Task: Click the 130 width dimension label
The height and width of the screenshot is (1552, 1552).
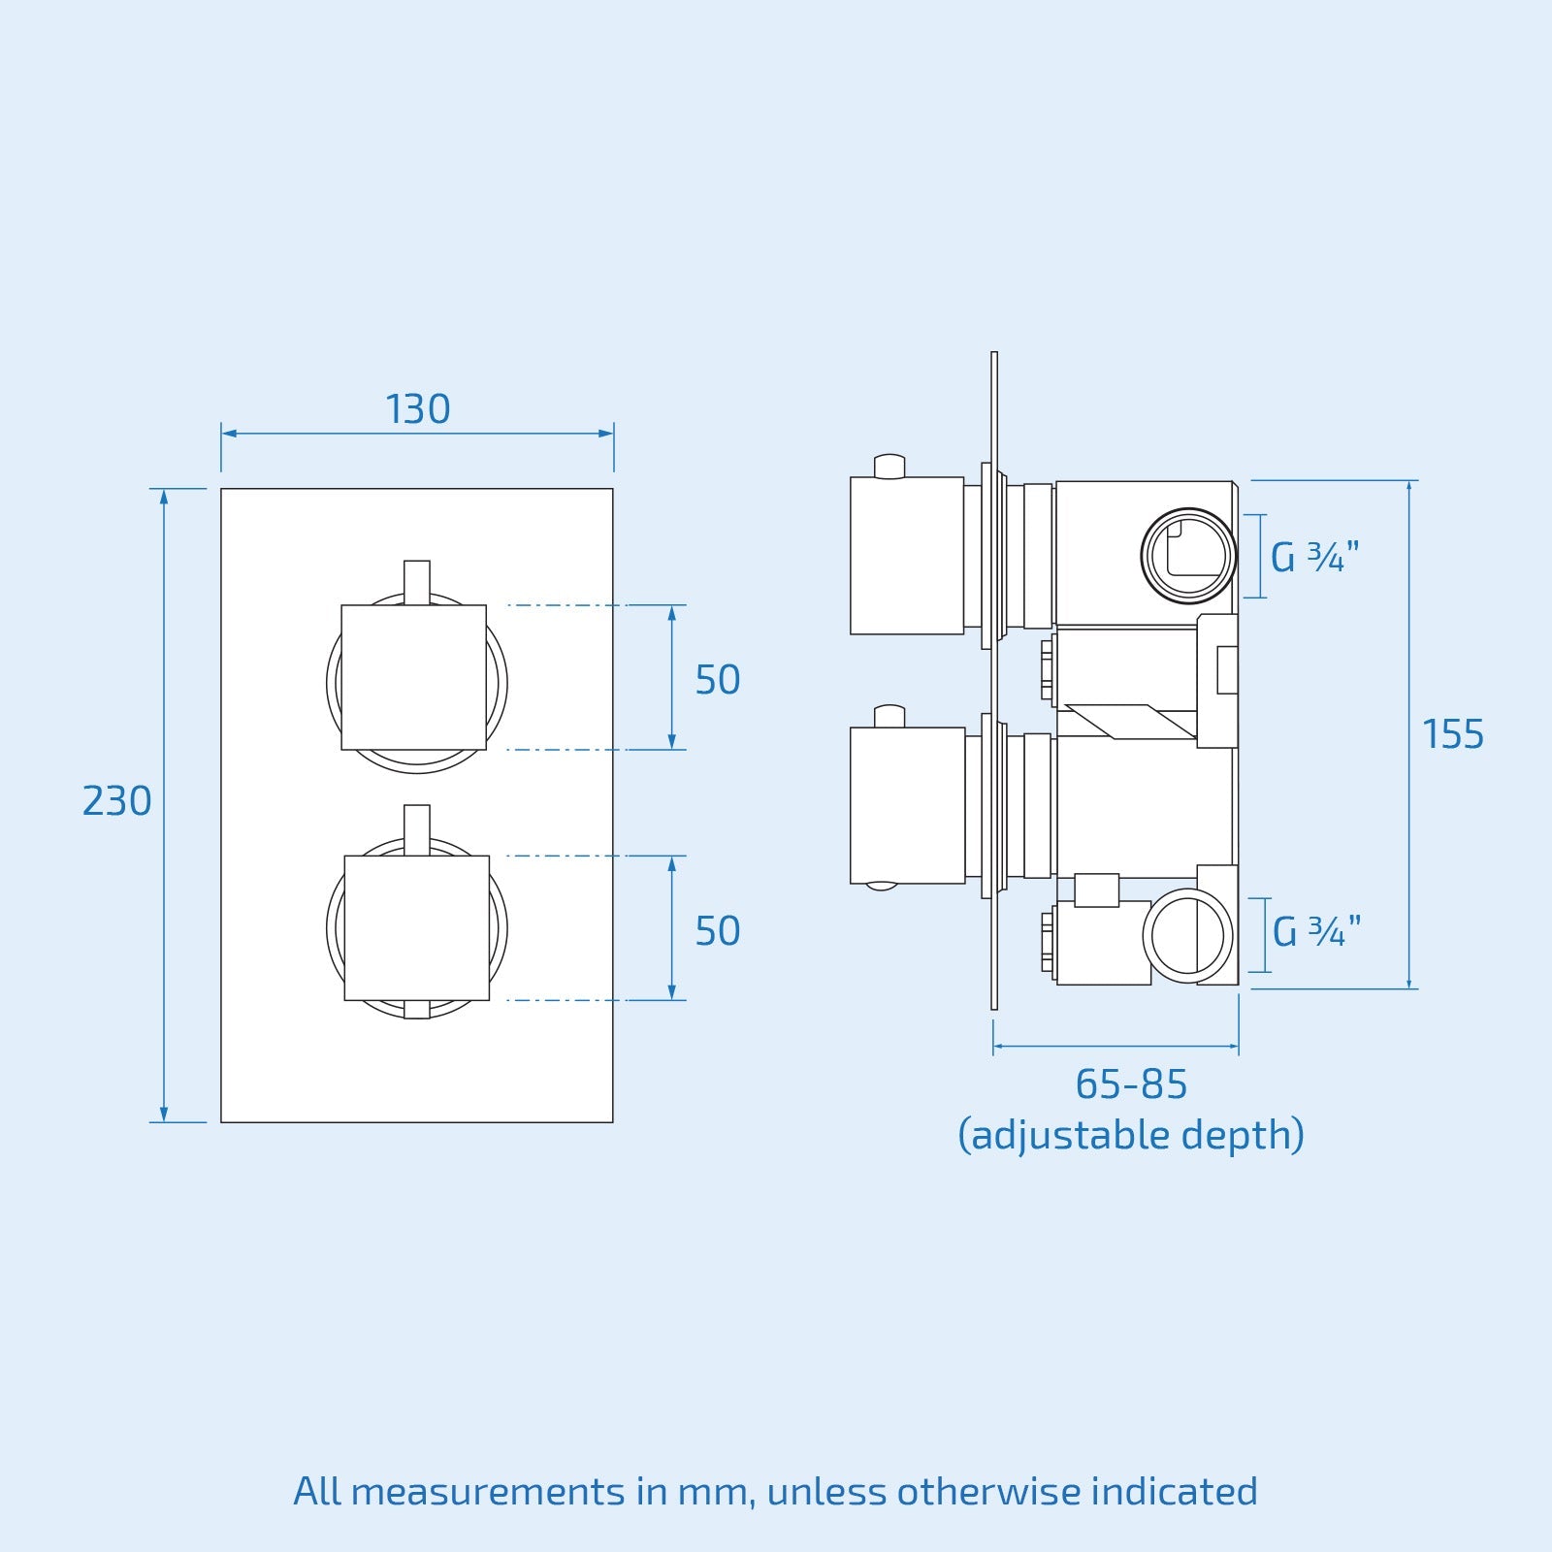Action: (x=418, y=410)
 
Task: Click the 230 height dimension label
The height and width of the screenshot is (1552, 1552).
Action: (x=116, y=802)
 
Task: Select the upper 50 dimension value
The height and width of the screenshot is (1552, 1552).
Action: (x=718, y=681)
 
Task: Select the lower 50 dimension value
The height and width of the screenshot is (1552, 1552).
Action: (x=718, y=932)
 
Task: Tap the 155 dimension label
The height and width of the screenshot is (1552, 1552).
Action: (x=1452, y=735)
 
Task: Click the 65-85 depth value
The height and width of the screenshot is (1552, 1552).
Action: (x=1131, y=1085)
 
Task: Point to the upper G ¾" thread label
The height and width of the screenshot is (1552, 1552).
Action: (x=1314, y=558)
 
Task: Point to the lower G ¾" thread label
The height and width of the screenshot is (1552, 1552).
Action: (x=1316, y=933)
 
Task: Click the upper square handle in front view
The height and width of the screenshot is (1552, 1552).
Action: (x=413, y=677)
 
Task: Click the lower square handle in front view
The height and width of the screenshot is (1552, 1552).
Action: (x=417, y=927)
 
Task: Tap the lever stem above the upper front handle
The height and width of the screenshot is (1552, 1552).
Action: (x=416, y=581)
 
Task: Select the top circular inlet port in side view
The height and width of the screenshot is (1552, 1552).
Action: (x=1188, y=556)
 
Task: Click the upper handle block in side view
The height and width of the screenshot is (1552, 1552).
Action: (x=906, y=556)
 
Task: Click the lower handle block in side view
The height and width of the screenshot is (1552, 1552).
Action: (x=906, y=805)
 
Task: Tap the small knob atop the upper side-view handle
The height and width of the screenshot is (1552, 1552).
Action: (x=889, y=467)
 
